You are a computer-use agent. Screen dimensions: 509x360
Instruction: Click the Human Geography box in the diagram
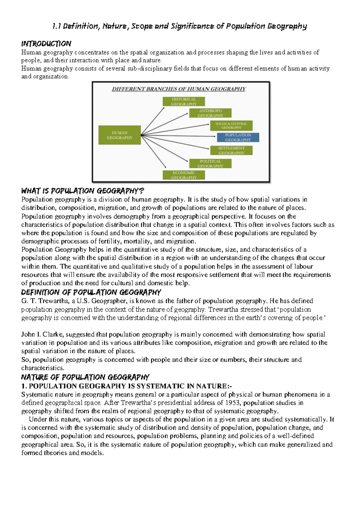[119, 135]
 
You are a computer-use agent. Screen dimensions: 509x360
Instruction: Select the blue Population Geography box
[238, 137]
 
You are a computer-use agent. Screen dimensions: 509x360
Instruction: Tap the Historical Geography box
[184, 101]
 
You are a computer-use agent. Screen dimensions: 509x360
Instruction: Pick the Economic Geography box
[184, 175]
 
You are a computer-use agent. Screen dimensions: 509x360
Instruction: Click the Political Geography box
[210, 164]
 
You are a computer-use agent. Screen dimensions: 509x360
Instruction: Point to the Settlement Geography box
[231, 150]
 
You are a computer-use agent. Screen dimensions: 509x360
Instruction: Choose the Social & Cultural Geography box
[231, 125]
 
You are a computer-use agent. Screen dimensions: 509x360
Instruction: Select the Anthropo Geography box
[210, 113]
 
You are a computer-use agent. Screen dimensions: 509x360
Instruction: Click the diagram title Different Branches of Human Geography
[179, 89]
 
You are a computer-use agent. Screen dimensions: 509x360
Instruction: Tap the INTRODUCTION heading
[46, 44]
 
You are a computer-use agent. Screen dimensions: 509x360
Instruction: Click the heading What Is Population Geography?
[82, 191]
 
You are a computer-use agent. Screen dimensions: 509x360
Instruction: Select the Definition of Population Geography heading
[91, 292]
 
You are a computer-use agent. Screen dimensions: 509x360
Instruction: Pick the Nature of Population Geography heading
[85, 377]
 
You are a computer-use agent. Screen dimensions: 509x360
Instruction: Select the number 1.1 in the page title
[56, 26]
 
